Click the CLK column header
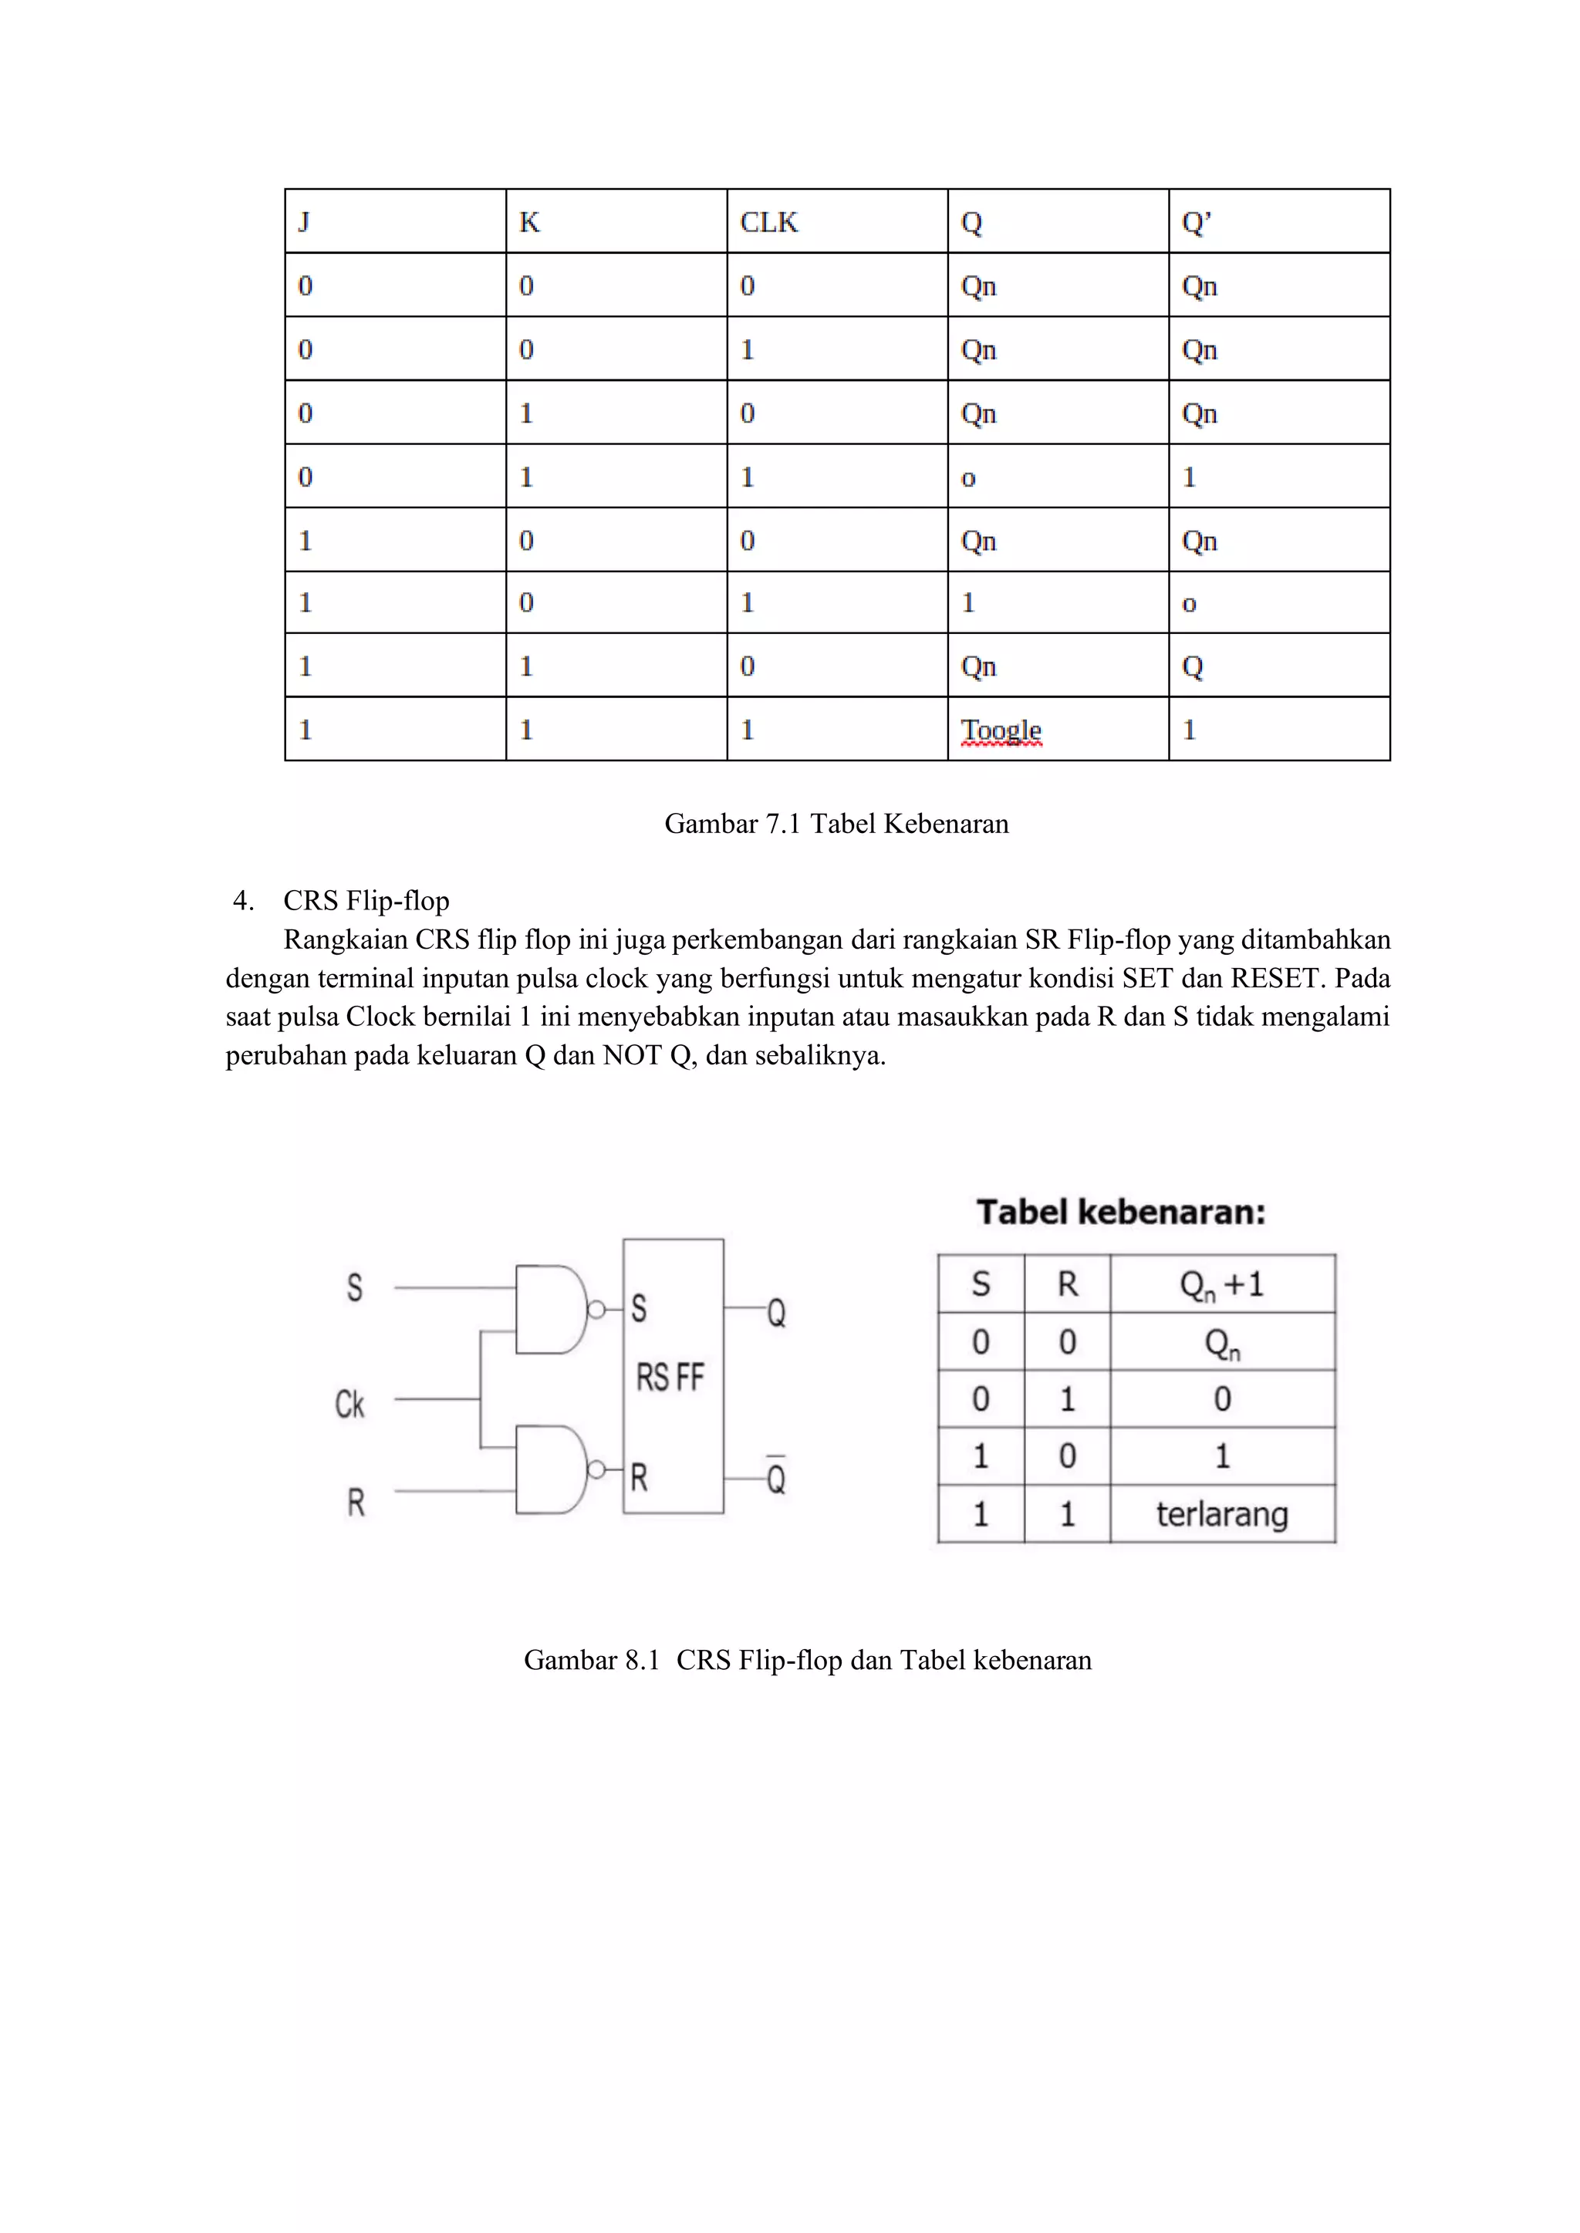768,223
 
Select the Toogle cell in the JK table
1001,730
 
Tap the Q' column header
1196,223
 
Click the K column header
529,223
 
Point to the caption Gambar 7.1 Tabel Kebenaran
837,824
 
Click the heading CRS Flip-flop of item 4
366,901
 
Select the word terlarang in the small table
1222,1514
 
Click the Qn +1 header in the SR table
1222,1285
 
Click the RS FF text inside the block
670,1377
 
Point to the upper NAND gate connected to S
551,1309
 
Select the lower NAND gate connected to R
551,1469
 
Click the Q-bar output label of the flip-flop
776,1476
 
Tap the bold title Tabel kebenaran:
1121,1212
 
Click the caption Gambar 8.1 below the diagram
808,1659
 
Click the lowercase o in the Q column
968,478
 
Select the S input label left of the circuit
355,1287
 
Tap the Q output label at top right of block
776,1313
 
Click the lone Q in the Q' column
1193,667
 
